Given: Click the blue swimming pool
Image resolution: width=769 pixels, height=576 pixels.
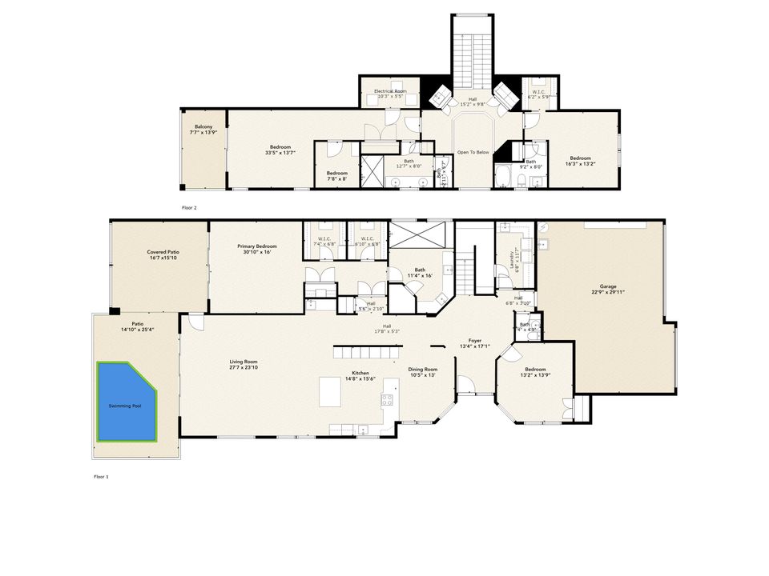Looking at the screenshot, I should click(127, 402).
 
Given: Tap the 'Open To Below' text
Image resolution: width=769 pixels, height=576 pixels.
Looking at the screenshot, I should click(473, 152).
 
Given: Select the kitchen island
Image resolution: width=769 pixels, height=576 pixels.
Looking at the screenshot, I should click(331, 391).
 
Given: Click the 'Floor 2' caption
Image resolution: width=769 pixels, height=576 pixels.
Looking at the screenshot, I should click(189, 207).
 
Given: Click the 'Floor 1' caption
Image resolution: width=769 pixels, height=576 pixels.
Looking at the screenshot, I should click(100, 476).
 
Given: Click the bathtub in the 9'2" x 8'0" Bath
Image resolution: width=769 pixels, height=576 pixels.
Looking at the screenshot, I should click(504, 176).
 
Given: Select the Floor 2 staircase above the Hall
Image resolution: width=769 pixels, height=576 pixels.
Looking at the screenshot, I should click(473, 60).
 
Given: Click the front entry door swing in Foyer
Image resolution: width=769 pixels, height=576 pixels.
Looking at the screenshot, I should click(470, 387).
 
